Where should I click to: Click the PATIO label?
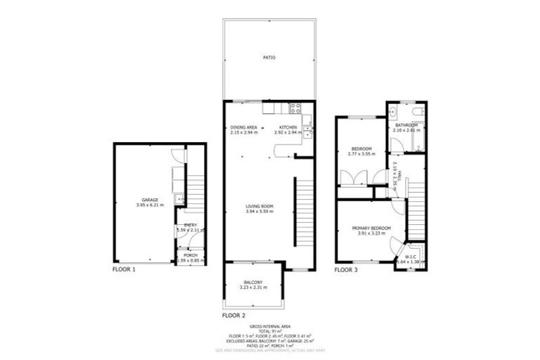pyautogui.click(x=269, y=58)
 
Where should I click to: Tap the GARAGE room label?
pyautogui.click(x=149, y=200)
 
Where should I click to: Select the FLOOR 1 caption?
pyautogui.click(x=124, y=269)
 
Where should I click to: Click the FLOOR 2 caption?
pyautogui.click(x=233, y=316)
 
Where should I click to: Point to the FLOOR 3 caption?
pyautogui.click(x=345, y=269)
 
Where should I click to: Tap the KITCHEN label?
pyautogui.click(x=288, y=127)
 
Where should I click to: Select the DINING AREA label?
pyautogui.click(x=243, y=127)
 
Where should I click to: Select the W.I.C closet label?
pyautogui.click(x=411, y=256)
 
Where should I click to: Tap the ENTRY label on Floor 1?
pyautogui.click(x=190, y=225)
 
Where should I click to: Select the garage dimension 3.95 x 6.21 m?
pyautogui.click(x=149, y=205)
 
